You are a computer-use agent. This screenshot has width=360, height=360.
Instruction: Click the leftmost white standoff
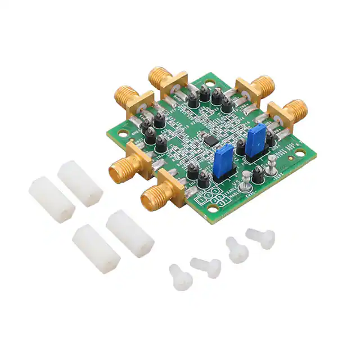(x=52, y=199)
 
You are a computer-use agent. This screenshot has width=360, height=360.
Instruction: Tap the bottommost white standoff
(x=96, y=249)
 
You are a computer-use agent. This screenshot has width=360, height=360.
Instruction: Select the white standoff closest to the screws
(x=130, y=233)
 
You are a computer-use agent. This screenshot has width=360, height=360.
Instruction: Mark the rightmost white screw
(x=261, y=238)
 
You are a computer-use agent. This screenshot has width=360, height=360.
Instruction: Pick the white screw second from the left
(x=206, y=267)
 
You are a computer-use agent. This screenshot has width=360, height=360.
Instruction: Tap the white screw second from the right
(x=237, y=250)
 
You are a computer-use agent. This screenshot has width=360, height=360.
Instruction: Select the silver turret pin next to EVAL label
(x=246, y=186)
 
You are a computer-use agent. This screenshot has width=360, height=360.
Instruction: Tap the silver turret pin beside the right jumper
(x=271, y=165)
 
